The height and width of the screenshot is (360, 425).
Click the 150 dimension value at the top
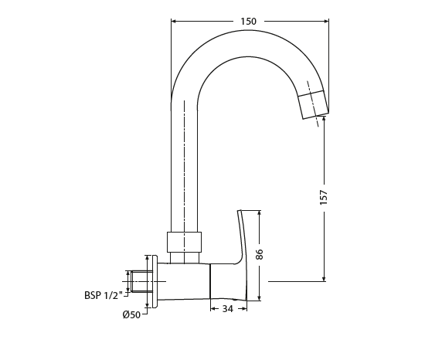248,22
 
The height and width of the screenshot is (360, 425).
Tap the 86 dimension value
260,253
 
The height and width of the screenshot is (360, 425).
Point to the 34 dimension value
228,309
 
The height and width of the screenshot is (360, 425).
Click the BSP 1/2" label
101,294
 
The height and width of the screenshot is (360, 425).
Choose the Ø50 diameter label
131,314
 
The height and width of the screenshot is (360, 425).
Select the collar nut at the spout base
184,242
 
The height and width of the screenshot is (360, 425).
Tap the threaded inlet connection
141,280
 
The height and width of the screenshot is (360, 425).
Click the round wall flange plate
155,281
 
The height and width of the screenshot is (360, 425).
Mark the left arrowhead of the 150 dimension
173,22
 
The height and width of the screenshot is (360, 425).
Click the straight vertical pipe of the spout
184,170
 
